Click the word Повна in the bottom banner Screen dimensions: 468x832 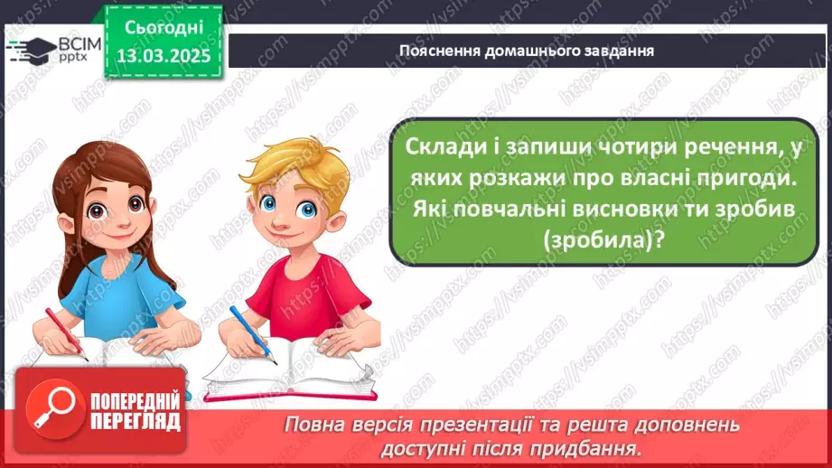click(x=311, y=425)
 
